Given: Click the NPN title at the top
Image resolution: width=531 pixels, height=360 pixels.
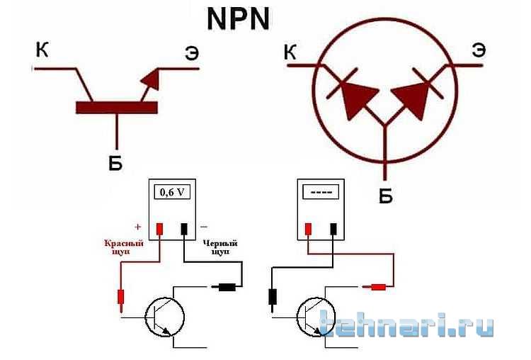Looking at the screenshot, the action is point(238,19).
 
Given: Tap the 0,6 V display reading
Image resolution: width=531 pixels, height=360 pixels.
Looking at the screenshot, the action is point(172,193).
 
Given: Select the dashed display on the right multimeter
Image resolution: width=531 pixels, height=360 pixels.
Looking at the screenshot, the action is point(321,192).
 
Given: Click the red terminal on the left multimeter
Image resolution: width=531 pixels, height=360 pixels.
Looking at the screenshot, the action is point(159,229).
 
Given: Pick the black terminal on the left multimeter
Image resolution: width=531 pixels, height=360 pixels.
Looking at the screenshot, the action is point(184,229).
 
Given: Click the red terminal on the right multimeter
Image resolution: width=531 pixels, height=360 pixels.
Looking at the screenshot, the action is point(308,229).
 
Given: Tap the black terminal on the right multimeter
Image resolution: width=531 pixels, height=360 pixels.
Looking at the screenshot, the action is point(333,229).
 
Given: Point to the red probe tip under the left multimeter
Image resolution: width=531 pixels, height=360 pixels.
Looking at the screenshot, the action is point(121,308).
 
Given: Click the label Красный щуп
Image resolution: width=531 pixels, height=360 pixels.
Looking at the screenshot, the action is point(124,247).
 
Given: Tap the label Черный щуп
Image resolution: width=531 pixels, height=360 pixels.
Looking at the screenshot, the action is point(220,247).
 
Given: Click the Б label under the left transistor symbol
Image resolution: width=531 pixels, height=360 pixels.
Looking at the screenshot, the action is point(115,164).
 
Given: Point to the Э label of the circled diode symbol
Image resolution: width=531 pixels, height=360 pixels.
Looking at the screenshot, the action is point(479,51).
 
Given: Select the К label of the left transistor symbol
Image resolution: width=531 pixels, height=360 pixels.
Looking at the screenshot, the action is point(42,50).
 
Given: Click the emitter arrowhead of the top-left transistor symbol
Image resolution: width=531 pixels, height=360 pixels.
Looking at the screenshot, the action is point(151,79).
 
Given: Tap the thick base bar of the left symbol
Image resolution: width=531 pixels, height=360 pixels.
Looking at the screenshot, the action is point(117,108).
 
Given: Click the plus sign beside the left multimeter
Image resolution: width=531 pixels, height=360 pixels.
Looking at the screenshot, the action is point(137,227).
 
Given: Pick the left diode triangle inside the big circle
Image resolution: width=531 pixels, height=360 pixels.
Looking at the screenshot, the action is point(358,99).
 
